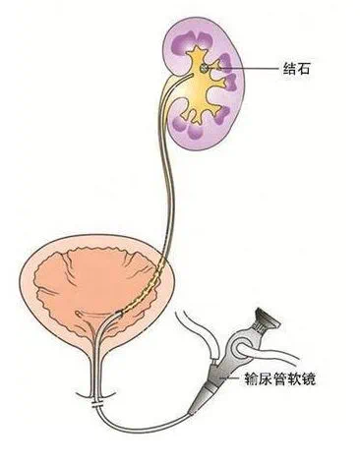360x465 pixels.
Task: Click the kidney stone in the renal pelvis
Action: pyautogui.click(x=204, y=69)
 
